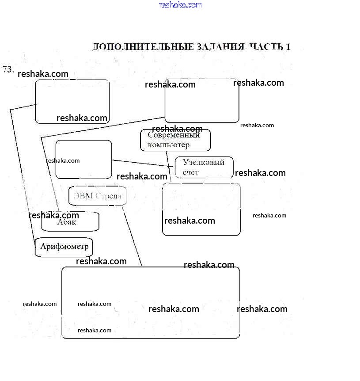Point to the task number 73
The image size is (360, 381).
point(8,69)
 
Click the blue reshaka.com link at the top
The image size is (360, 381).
point(180,5)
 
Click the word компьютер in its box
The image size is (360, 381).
point(168,145)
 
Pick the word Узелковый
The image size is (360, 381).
point(204,162)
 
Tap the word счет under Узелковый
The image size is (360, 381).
point(191,172)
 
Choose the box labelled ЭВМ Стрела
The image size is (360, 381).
point(98,196)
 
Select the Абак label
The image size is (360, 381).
point(67,222)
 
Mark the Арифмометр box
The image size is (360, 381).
point(64,247)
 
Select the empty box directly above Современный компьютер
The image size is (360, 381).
point(202,101)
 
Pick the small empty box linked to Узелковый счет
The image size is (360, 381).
point(83,159)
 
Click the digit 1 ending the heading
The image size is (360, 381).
point(288,47)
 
